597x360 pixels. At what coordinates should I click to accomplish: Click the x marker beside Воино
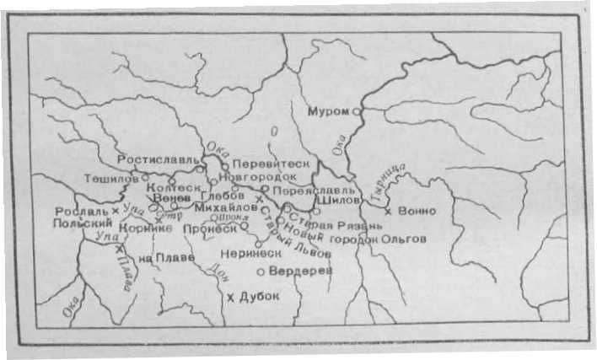pos(388,209)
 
